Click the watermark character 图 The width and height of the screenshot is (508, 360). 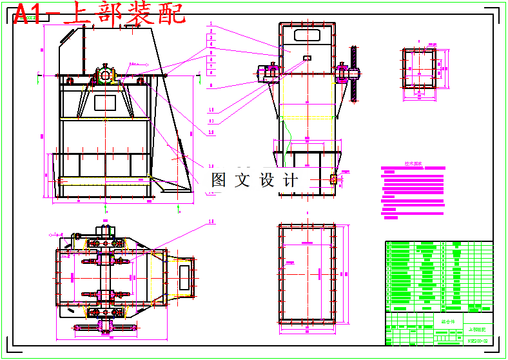click(220, 180)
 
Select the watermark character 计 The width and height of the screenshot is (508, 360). click(291, 180)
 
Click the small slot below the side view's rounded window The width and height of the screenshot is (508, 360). click(307, 59)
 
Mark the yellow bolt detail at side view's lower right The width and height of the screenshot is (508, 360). click(333, 179)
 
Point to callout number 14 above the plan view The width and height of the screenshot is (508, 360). click(211, 221)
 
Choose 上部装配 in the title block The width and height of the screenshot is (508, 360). click(478, 328)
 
